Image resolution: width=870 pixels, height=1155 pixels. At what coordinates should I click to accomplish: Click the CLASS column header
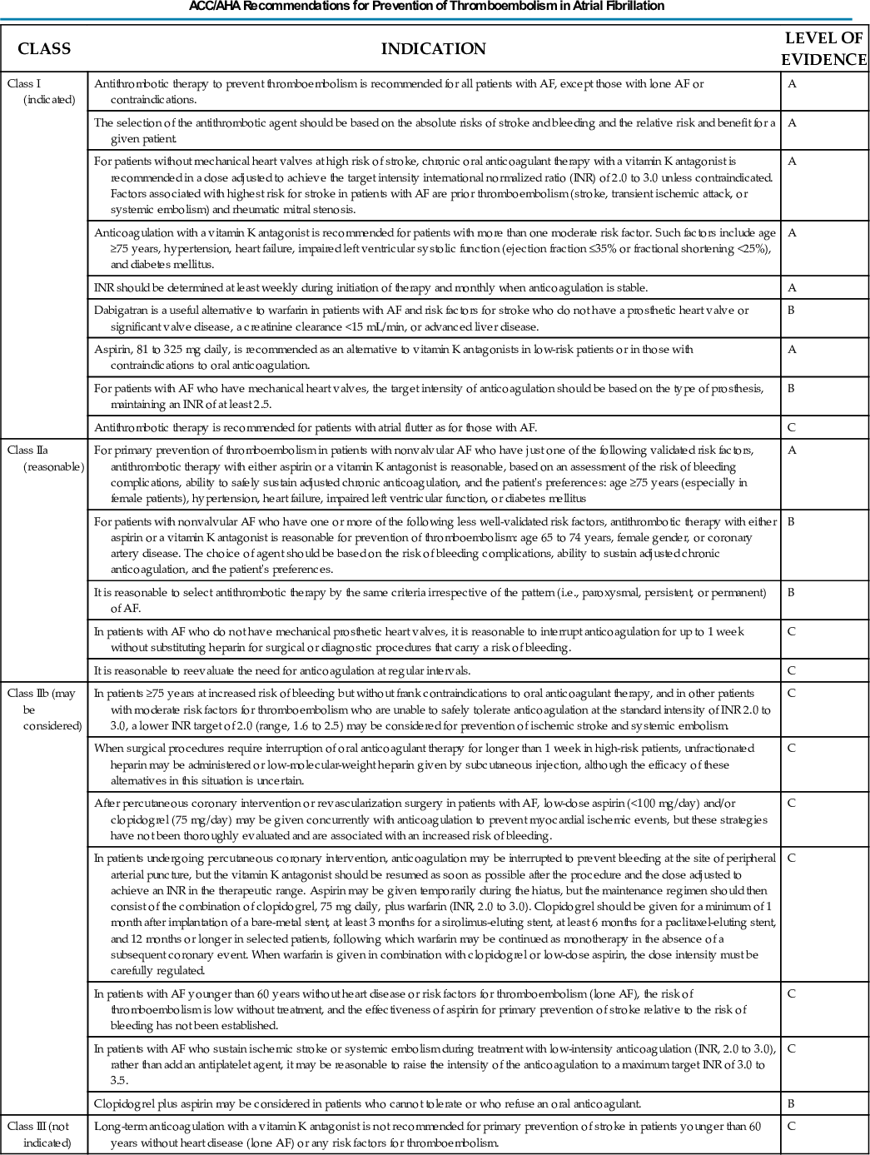44,49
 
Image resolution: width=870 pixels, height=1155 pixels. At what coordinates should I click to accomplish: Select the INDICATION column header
433,49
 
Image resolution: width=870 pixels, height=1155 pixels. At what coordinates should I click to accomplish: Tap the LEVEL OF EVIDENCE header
823,49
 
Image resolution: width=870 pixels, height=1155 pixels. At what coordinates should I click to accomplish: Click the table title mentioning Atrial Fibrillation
426,6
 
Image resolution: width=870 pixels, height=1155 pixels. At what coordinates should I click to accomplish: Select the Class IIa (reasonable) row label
46,458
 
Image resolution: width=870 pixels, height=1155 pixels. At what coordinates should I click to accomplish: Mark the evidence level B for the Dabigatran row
792,311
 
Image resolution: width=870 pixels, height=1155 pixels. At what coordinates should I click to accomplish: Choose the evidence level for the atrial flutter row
792,427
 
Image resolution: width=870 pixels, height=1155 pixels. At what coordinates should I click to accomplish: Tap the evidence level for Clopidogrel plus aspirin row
792,1103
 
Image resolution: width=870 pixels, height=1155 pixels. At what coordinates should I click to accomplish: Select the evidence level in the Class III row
792,1126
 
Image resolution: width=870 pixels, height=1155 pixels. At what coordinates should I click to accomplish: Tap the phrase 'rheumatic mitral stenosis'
278,210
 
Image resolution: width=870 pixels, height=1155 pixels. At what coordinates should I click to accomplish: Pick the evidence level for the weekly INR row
792,288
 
